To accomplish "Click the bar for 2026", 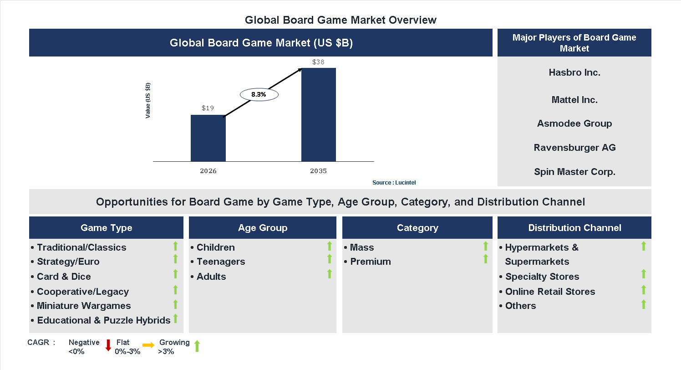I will (208, 138).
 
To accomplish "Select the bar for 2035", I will (319, 115).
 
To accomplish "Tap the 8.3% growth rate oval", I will (259, 95).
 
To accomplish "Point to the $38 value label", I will (318, 62).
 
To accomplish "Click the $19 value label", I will (208, 108).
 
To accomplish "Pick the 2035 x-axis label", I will (318, 171).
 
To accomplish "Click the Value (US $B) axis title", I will (148, 101).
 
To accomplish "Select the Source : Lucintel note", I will (394, 183).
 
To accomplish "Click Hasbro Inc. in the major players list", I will (574, 72).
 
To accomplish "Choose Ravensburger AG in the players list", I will (574, 148).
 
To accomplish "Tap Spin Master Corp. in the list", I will (574, 172).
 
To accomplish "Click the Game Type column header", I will (106, 228).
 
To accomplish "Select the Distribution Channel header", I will (574, 228).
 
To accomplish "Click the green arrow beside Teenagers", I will (330, 259).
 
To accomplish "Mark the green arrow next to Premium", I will (486, 259).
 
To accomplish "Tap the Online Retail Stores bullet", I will (550, 292).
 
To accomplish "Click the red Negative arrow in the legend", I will (108, 345).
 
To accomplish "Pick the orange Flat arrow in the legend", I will (148, 345).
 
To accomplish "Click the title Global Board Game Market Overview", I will (340, 20).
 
